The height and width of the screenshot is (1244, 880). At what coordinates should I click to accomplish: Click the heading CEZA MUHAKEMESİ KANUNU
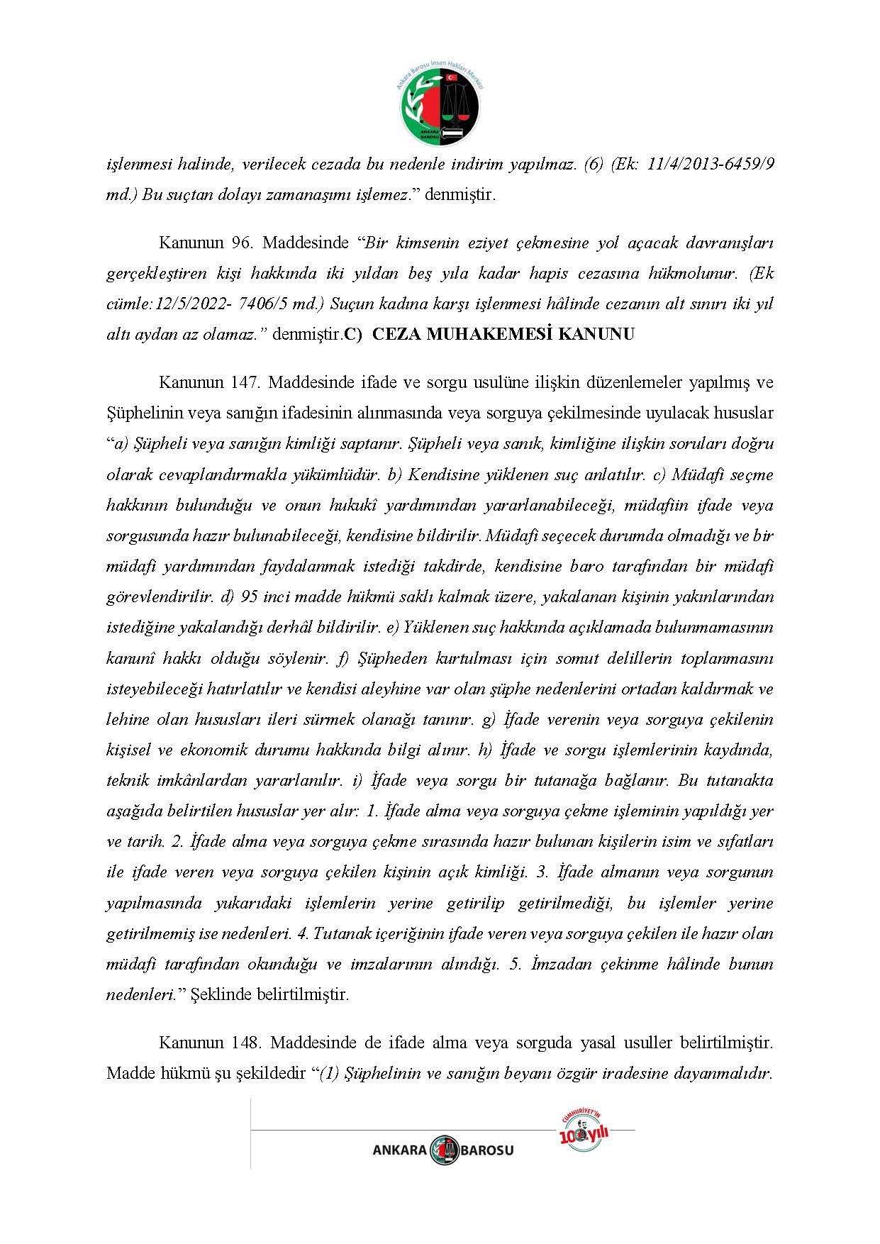[503, 334]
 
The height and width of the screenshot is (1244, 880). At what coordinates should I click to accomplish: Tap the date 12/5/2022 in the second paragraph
[186, 304]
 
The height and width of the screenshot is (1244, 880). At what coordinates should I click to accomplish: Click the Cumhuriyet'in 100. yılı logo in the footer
[584, 1133]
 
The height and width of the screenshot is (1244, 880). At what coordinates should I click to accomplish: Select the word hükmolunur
[694, 273]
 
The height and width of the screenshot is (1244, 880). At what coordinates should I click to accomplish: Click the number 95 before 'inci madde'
[250, 597]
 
